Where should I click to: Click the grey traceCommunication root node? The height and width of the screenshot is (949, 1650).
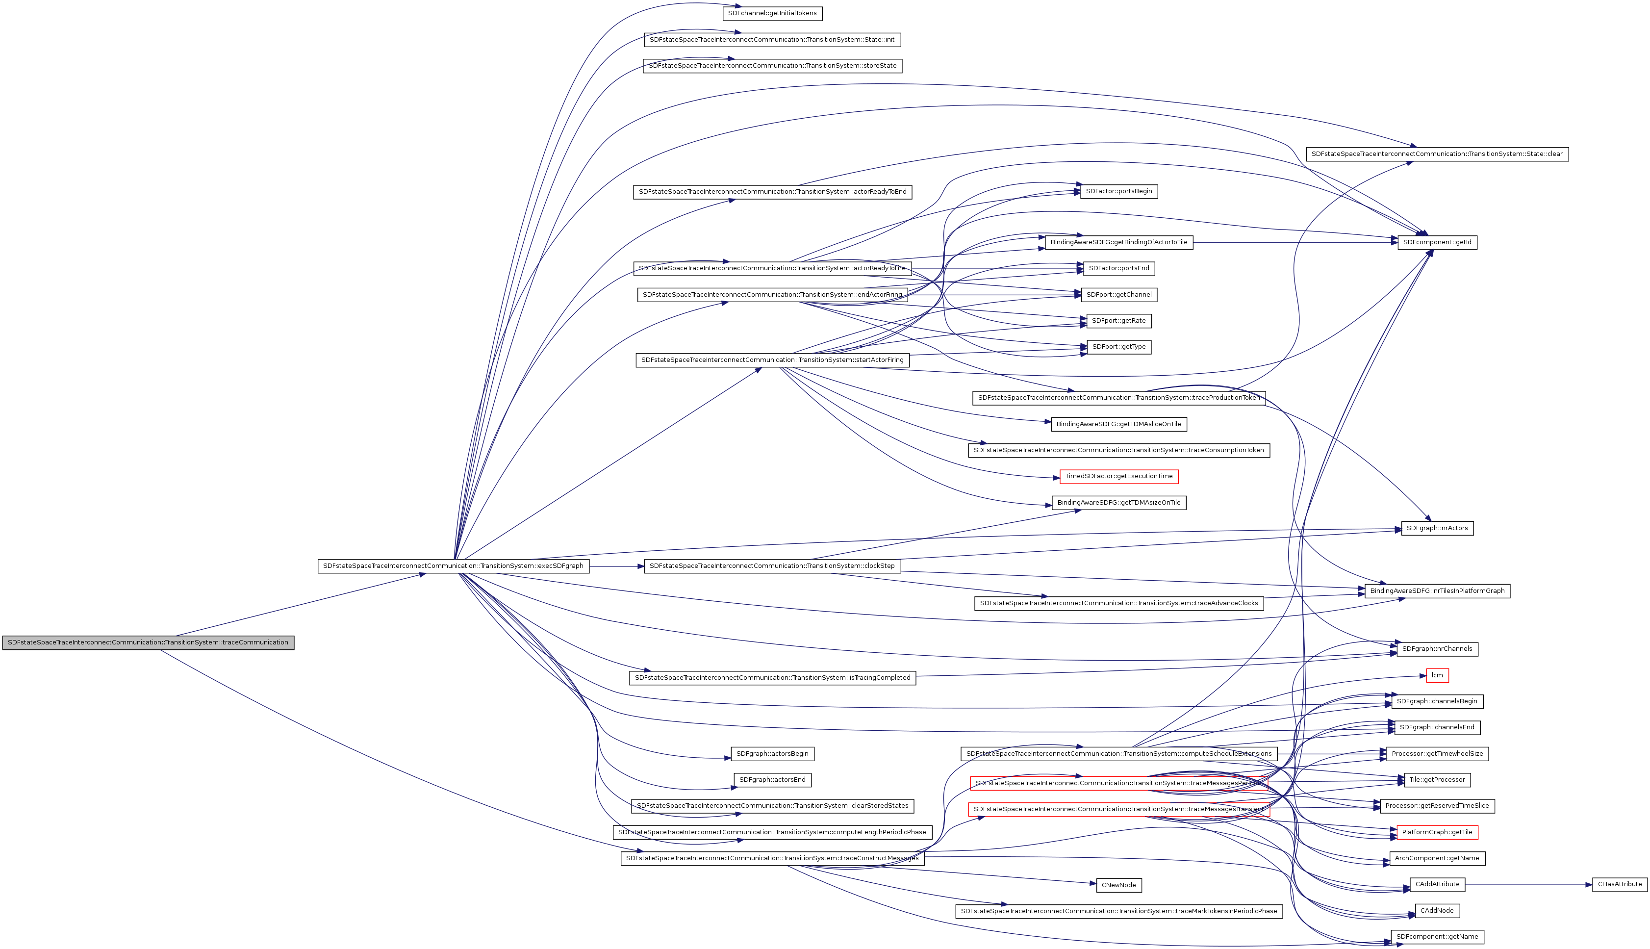coord(148,642)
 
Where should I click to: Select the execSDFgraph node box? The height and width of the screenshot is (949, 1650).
coord(453,566)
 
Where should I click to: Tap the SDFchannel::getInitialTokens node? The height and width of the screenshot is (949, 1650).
coord(772,13)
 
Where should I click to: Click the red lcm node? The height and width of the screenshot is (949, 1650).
coord(1437,675)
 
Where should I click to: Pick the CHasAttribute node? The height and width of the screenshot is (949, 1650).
coord(1620,884)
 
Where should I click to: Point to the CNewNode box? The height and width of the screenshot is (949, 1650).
coord(1118,885)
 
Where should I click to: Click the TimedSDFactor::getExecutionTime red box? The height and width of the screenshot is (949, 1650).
coord(1118,476)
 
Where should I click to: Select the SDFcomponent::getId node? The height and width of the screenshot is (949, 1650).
coord(1437,242)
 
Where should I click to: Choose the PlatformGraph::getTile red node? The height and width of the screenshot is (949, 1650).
coord(1437,832)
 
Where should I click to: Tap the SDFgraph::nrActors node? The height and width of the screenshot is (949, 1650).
coord(1437,528)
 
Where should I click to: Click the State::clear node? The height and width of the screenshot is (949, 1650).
coord(1437,154)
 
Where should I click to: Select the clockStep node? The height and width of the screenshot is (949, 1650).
coord(772,566)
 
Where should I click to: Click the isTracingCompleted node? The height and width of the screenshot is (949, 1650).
coord(772,678)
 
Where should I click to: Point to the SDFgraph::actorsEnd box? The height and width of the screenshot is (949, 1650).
coord(772,779)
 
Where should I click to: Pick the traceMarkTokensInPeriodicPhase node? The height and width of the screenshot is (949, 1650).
coord(1118,911)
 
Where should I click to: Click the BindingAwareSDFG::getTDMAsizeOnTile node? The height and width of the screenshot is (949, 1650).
coord(1118,503)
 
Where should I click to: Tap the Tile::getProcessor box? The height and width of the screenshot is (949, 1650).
coord(1437,779)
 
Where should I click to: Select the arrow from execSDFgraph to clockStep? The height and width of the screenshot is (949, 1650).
coord(616,566)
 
